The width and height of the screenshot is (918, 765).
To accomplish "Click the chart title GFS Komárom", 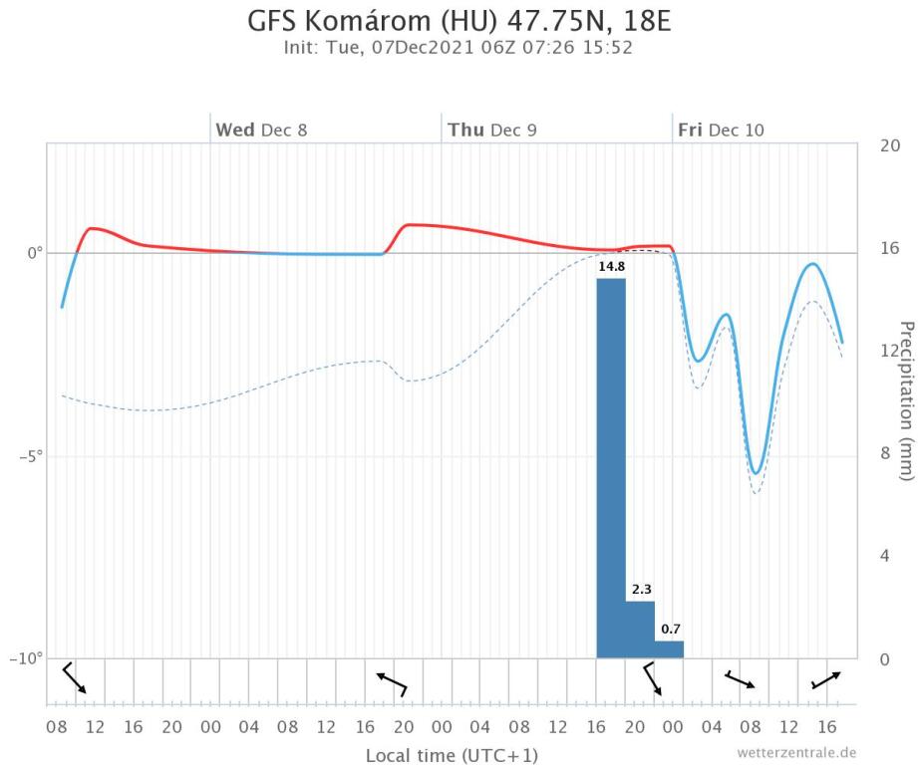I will (x=458, y=21).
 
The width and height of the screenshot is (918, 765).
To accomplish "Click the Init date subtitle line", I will (x=458, y=47).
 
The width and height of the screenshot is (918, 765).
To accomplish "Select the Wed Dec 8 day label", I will (x=261, y=130).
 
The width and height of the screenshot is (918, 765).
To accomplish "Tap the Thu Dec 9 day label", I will (x=491, y=130).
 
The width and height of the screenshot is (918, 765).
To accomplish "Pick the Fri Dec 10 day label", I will (x=722, y=130).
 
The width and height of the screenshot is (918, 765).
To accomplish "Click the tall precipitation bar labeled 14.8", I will (x=611, y=468).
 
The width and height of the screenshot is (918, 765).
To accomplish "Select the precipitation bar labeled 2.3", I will (x=640, y=630).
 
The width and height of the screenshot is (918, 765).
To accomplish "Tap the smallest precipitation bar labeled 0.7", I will (x=669, y=648).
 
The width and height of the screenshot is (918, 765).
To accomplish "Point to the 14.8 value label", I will (x=611, y=267).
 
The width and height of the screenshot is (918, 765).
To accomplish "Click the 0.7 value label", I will (x=670, y=629).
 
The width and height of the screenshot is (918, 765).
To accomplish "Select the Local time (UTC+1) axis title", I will (x=452, y=755).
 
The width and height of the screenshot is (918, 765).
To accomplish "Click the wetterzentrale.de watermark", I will (x=796, y=751).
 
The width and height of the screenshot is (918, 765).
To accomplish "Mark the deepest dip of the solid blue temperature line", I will (x=757, y=473).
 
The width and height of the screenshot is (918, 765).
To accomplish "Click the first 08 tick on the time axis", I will (x=57, y=728).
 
